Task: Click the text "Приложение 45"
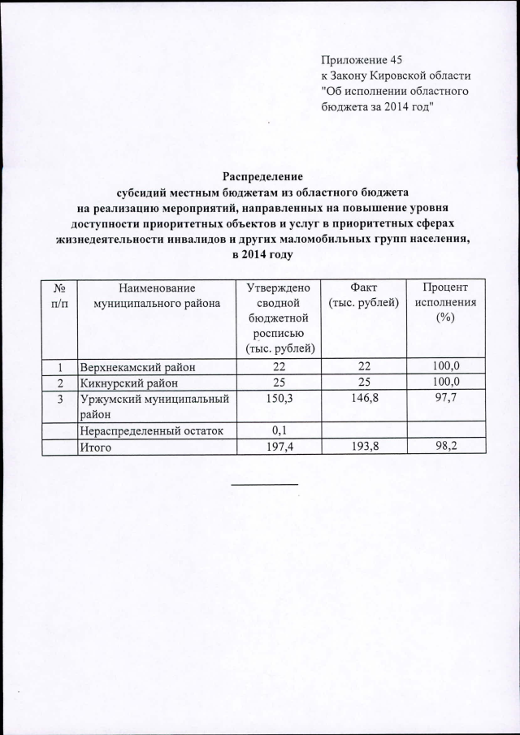[362, 59]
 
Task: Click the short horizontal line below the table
[265, 485]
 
